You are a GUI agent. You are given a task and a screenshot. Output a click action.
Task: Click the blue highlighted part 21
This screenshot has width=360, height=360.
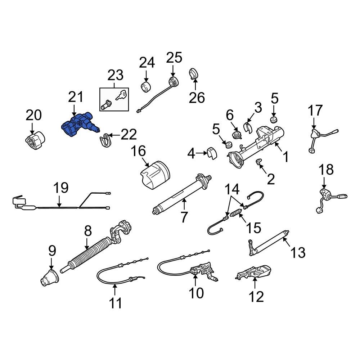tap(79, 125)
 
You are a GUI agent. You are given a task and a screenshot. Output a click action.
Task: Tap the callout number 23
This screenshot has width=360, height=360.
tap(115, 75)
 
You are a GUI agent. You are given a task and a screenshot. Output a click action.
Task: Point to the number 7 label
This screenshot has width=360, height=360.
tap(184, 217)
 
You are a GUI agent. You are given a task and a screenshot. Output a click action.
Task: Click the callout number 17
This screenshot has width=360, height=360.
tap(315, 111)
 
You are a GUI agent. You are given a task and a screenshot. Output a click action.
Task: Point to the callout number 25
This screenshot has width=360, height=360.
tap(174, 57)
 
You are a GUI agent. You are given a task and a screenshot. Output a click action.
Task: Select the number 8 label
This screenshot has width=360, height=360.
tap(87, 231)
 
